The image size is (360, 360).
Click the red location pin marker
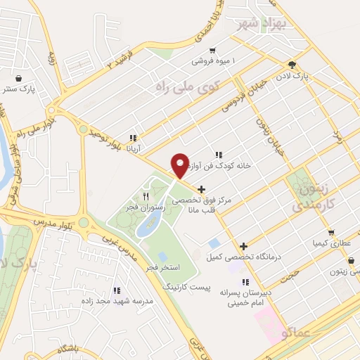click(x=180, y=166)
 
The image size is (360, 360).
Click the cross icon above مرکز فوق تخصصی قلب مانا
click(x=202, y=188)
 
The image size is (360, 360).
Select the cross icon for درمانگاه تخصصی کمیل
click(x=243, y=246)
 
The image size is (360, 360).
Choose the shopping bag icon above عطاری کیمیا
click(x=331, y=232)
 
